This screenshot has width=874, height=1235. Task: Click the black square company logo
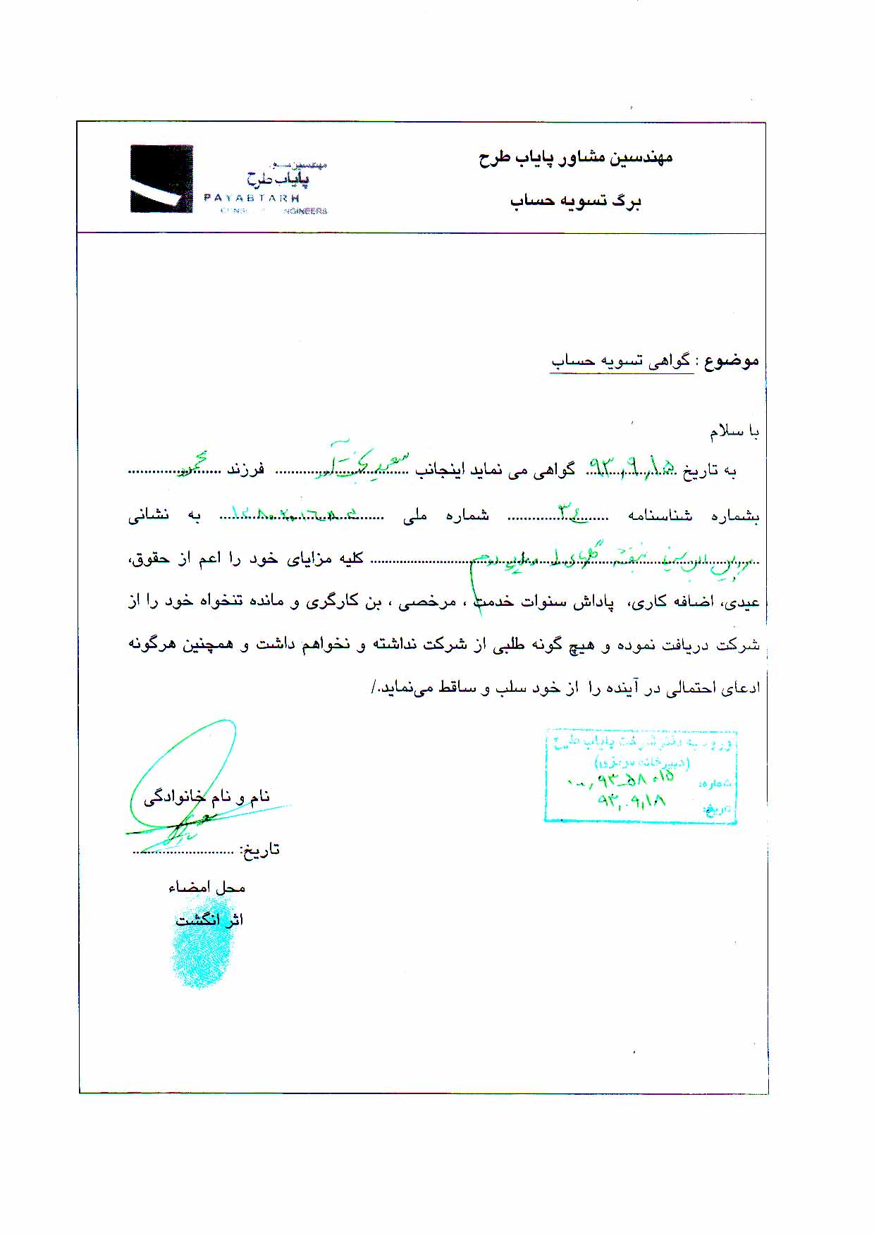161,179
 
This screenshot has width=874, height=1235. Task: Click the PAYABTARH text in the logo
252,198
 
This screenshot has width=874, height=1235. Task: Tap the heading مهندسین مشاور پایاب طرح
575,157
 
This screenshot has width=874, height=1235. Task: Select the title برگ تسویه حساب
575,201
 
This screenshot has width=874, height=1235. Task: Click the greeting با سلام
734,431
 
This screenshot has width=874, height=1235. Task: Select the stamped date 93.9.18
632,801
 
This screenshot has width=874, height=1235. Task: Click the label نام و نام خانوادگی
207,797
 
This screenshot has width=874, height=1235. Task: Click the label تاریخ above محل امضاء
260,850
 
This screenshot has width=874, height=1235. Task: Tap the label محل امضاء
207,888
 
